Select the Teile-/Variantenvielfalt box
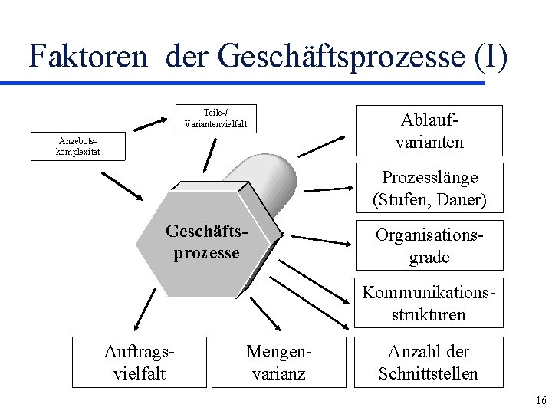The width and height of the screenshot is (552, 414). [x=215, y=117]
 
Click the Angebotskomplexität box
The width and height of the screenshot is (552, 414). [x=67, y=146]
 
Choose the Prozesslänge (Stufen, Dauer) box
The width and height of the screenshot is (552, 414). [x=429, y=188]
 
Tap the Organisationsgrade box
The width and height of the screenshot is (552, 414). [x=429, y=245]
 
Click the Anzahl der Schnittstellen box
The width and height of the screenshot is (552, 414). [x=429, y=363]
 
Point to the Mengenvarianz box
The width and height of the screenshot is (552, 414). [x=275, y=363]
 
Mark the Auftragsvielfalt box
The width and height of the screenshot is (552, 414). [x=140, y=363]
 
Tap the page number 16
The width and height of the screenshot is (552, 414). [x=540, y=400]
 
